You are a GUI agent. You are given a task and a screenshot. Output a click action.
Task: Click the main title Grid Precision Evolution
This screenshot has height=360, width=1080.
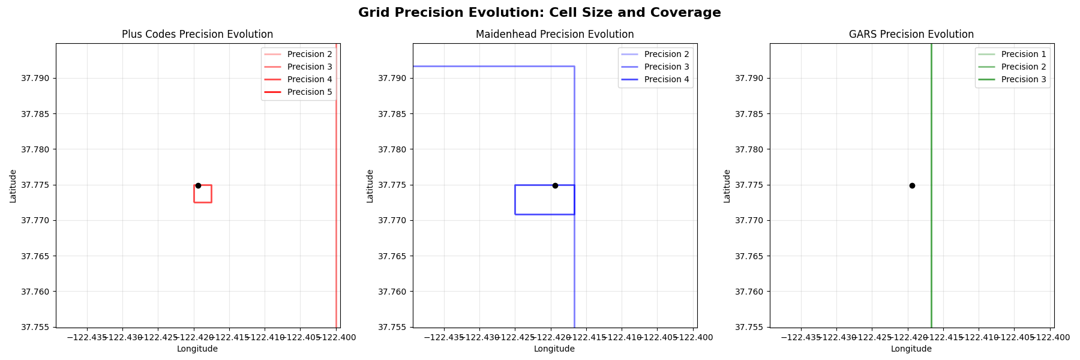click(539, 13)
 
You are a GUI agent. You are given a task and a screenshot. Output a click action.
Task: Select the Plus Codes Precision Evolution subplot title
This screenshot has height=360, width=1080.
click(197, 35)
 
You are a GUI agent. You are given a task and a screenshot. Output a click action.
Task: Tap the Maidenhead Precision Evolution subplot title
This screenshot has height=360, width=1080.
click(554, 35)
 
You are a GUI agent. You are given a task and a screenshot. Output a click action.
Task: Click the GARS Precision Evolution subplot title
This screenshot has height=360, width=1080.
click(911, 35)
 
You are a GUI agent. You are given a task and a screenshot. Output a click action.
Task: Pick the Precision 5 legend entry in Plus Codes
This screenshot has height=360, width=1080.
click(309, 92)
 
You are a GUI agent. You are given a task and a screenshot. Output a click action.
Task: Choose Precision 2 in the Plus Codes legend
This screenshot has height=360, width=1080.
click(309, 54)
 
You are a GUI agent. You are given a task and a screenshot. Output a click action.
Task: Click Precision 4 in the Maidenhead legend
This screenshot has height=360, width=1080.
click(666, 79)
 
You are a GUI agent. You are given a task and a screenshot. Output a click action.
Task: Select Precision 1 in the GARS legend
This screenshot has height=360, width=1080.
click(1023, 54)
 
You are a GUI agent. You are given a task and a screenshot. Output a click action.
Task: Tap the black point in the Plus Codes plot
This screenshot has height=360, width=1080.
click(198, 185)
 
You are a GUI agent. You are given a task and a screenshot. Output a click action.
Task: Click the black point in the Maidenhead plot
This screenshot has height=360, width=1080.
click(555, 185)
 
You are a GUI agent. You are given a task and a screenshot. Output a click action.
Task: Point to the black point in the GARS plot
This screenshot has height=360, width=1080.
click(912, 185)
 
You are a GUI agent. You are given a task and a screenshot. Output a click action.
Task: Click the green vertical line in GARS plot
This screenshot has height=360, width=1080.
click(931, 240)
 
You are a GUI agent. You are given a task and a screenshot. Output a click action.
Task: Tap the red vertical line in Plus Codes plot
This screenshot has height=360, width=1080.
click(336, 240)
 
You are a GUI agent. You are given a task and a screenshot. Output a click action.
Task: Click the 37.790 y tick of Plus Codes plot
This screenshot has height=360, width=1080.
click(37, 78)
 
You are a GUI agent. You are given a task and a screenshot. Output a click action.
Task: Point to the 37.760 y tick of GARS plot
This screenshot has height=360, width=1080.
click(751, 292)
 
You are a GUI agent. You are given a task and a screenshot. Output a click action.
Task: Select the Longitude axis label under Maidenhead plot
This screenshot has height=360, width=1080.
click(554, 349)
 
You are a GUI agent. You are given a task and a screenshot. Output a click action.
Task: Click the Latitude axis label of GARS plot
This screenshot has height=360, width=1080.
click(727, 185)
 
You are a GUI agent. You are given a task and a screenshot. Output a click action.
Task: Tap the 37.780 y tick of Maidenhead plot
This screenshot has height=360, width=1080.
click(394, 149)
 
